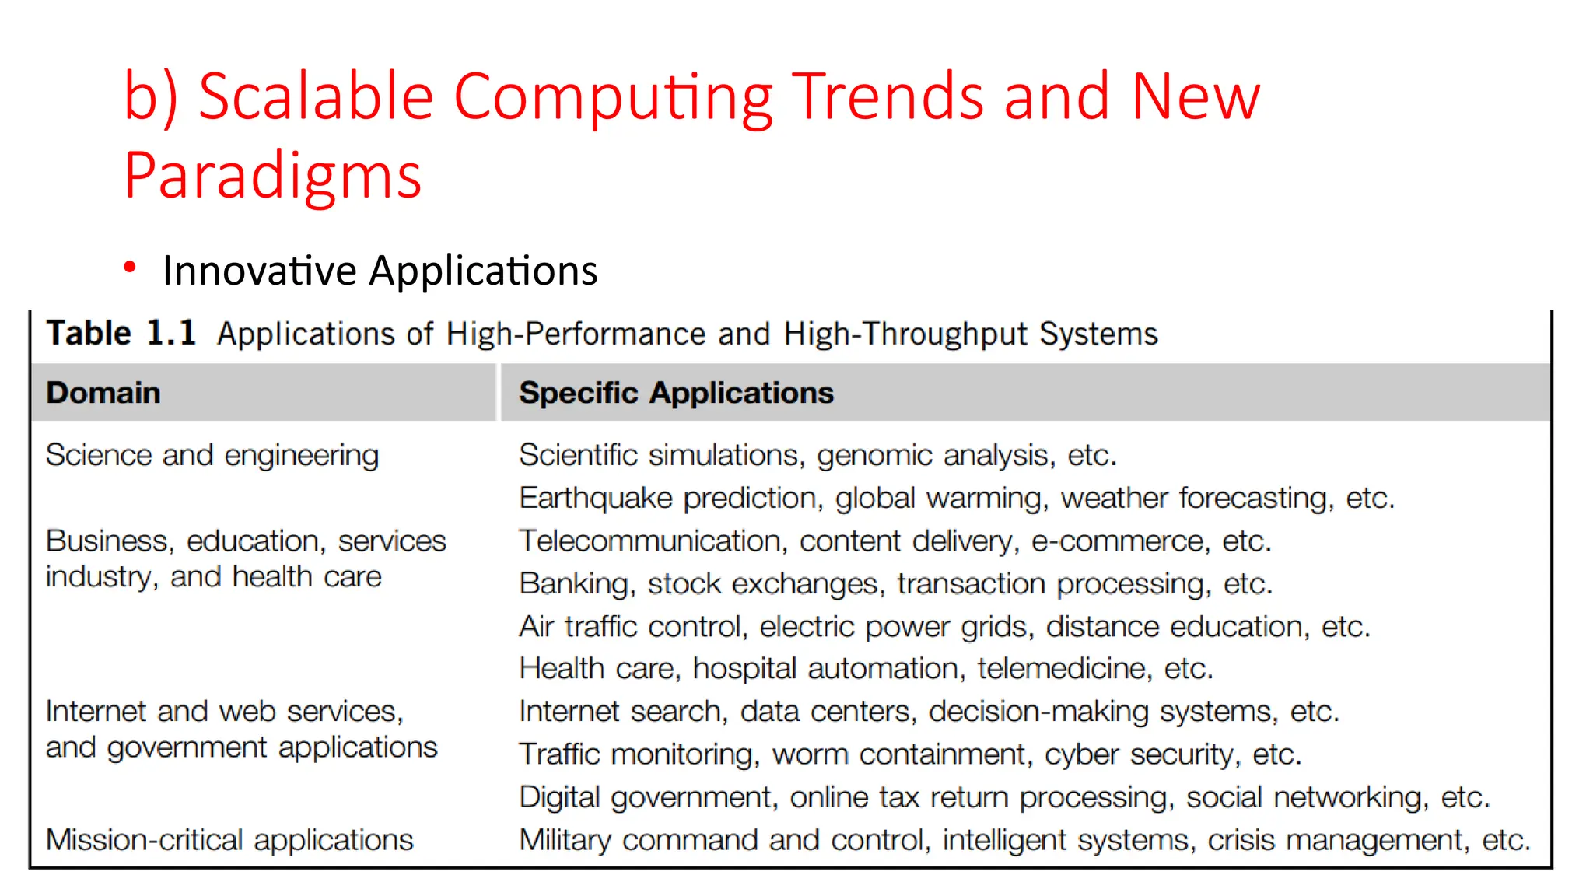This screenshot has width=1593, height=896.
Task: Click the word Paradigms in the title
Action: (x=272, y=176)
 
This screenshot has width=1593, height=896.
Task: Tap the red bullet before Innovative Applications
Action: (x=130, y=268)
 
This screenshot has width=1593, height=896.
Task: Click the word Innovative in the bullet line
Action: (x=260, y=271)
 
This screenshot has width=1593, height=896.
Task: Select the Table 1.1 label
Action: (x=121, y=333)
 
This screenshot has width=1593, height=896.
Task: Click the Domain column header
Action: (x=103, y=393)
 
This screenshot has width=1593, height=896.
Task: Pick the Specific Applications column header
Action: (x=676, y=393)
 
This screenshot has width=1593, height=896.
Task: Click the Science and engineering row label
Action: (x=212, y=455)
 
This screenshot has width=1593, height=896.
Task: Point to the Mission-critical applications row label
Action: (x=229, y=840)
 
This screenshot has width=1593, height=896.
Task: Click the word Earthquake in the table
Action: (x=595, y=498)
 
